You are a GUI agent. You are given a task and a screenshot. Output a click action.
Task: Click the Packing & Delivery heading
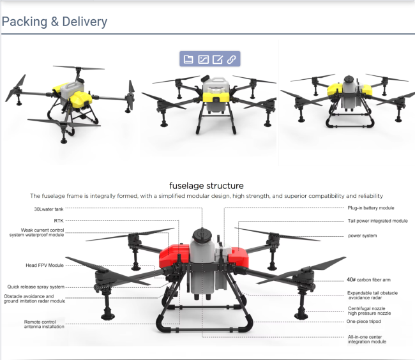[54, 22]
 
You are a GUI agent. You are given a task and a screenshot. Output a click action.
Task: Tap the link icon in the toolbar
[231, 59]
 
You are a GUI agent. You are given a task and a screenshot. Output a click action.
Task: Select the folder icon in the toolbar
[188, 59]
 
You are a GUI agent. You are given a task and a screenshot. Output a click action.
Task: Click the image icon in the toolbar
[203, 59]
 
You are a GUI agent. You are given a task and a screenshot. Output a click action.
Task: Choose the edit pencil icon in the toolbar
[218, 59]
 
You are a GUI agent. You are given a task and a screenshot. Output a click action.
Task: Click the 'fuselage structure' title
[206, 186]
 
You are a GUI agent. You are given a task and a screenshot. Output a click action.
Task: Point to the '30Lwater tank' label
[49, 209]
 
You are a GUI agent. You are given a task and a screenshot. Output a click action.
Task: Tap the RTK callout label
[59, 221]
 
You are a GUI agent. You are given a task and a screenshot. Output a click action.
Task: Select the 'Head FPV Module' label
[45, 266]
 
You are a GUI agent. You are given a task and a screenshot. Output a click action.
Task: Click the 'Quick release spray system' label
[36, 287]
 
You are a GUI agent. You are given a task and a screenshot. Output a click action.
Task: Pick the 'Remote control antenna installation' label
[44, 324]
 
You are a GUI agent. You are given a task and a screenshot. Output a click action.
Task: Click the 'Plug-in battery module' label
[371, 208]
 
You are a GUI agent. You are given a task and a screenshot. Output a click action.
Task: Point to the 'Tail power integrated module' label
[378, 221]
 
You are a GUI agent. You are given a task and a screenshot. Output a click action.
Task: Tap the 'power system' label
[363, 236]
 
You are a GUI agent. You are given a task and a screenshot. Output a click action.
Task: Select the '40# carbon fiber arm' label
[368, 280]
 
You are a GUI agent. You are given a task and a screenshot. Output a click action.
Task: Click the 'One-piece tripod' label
[364, 321]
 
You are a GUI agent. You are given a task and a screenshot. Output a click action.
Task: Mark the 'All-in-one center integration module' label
[367, 340]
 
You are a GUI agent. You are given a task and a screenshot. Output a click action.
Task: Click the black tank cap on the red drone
[202, 235]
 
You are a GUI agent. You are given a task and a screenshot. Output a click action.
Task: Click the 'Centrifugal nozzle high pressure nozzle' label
[369, 311]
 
